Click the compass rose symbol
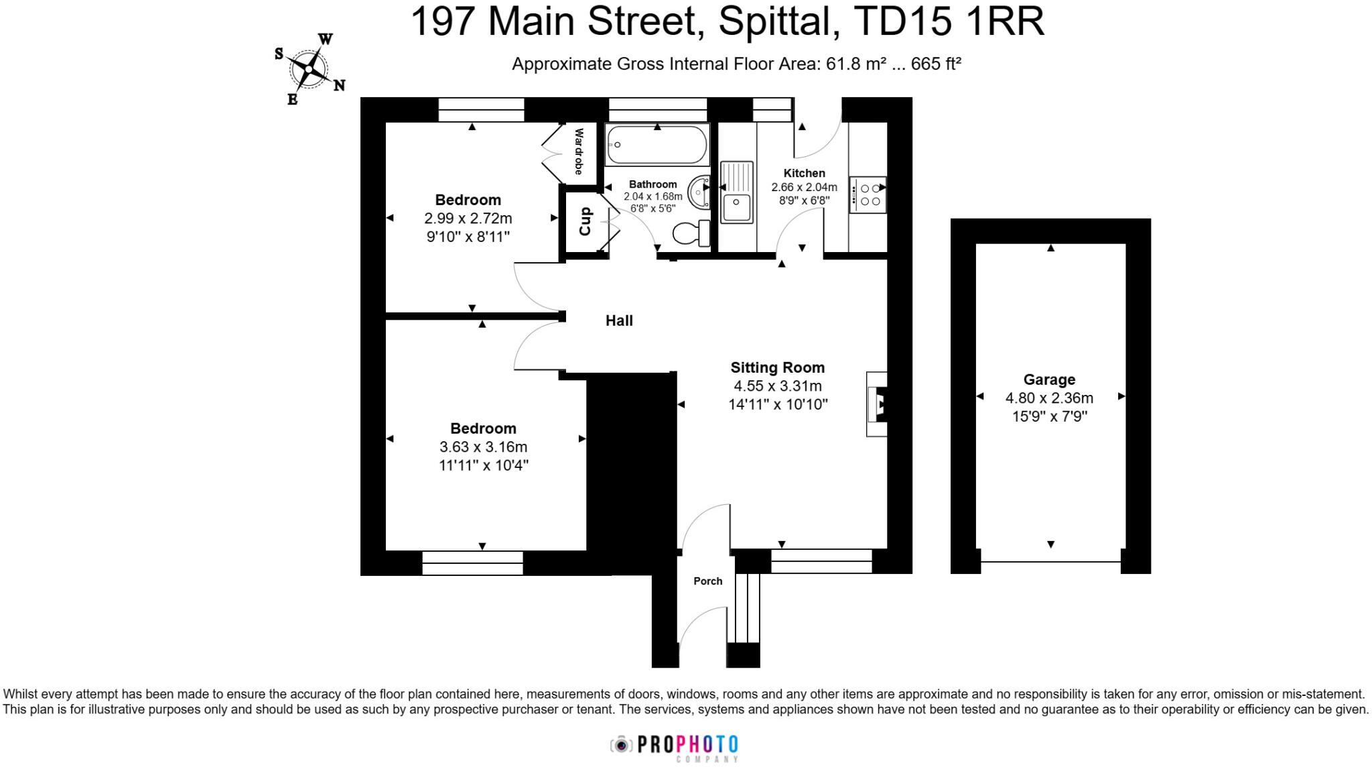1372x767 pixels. (x=309, y=68)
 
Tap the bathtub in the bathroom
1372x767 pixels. (x=657, y=144)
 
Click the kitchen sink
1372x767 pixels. (x=737, y=192)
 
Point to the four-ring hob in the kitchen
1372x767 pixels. (x=868, y=194)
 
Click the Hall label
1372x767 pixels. (x=619, y=320)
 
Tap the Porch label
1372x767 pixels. (x=707, y=581)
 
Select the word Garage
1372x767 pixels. (x=1049, y=379)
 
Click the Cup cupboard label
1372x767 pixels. (x=585, y=221)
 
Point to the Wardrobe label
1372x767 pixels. (x=579, y=152)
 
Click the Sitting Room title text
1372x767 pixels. (x=777, y=367)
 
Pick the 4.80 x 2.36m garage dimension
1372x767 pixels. (x=1049, y=398)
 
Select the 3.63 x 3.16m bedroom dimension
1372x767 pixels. (x=483, y=447)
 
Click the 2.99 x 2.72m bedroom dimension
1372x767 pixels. (x=468, y=219)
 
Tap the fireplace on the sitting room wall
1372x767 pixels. (x=878, y=404)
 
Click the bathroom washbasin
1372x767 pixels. (x=699, y=191)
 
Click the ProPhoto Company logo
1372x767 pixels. (x=674, y=746)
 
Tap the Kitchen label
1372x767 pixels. (x=804, y=173)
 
